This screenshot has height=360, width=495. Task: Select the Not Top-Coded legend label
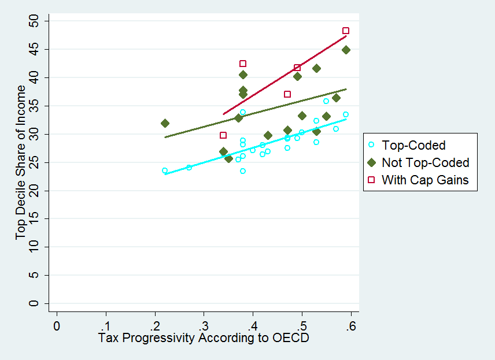coord(425,162)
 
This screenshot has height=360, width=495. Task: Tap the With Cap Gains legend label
coord(425,180)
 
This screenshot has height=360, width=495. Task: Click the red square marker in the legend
coord(371,180)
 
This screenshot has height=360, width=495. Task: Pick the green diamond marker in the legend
coord(371,162)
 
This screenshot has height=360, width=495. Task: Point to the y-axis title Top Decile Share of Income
coord(21,162)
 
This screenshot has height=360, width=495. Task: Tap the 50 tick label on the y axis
coord(36,21)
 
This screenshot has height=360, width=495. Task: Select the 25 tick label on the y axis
coord(36,162)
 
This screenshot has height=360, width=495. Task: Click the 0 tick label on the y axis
coord(36,303)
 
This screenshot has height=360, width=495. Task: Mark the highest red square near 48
coord(346,31)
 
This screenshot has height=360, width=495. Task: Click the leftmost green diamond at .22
coord(165,123)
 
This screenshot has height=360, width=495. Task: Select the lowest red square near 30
coord(223,135)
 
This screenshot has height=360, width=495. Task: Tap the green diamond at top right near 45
coord(346,50)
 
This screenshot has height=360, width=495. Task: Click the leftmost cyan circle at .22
coord(165,170)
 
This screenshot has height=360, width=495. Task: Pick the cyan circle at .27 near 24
coord(189,168)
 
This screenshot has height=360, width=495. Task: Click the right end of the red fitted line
coord(346,36)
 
